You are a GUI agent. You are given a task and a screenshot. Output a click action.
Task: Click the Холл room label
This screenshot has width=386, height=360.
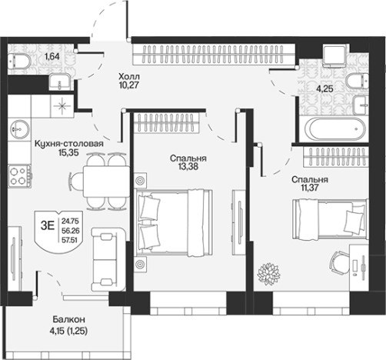129,76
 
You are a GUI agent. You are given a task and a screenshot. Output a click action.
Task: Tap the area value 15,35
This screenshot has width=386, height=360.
68,153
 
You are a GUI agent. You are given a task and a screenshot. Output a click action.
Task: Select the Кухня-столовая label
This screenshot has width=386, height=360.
69,144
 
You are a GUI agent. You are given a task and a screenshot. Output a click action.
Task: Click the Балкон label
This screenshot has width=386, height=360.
69,319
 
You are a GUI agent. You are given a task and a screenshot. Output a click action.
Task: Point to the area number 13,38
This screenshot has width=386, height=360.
188,167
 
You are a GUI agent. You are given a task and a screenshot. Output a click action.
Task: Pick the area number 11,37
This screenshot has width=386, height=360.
310,188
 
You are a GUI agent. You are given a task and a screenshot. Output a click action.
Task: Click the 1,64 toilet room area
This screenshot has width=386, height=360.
52,56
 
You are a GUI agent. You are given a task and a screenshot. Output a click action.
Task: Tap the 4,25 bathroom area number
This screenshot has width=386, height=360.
324,89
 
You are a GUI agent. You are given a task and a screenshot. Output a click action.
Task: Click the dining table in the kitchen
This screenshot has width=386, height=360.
106,182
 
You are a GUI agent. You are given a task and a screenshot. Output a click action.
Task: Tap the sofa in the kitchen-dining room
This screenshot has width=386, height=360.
108,259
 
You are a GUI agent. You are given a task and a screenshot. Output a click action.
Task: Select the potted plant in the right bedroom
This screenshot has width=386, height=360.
268,274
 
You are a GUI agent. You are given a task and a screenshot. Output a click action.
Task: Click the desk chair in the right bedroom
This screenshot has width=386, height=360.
339,263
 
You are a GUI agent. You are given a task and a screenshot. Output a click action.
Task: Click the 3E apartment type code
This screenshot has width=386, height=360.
48,226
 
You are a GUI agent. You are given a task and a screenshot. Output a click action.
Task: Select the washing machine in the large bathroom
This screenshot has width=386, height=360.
336,55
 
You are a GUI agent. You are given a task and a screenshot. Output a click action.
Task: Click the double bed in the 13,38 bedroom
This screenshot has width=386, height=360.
175,223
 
